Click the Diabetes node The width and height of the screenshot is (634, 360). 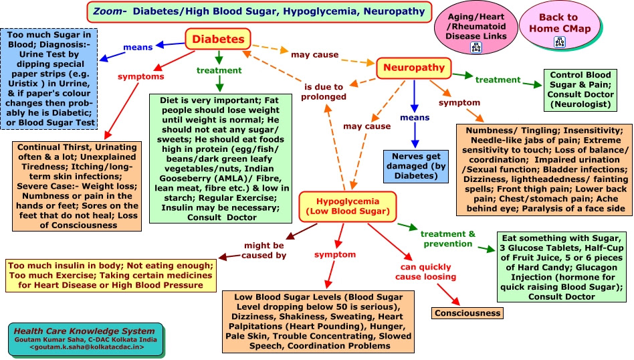coord(218,39)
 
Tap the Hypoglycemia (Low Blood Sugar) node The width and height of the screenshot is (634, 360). coord(343,206)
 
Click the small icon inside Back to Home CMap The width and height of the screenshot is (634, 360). coord(558,42)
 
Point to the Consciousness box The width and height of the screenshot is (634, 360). coord(467,312)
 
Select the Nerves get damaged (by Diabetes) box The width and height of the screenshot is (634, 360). coord(415,167)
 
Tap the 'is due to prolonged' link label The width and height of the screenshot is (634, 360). coord(324,92)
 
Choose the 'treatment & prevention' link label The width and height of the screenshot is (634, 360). coord(447,238)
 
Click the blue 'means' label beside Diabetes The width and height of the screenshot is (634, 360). coord(139,48)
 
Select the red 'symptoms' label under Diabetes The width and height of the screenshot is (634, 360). coord(140,76)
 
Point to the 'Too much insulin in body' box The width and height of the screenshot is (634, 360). coord(110,275)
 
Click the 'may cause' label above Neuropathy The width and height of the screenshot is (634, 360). coord(314,54)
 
